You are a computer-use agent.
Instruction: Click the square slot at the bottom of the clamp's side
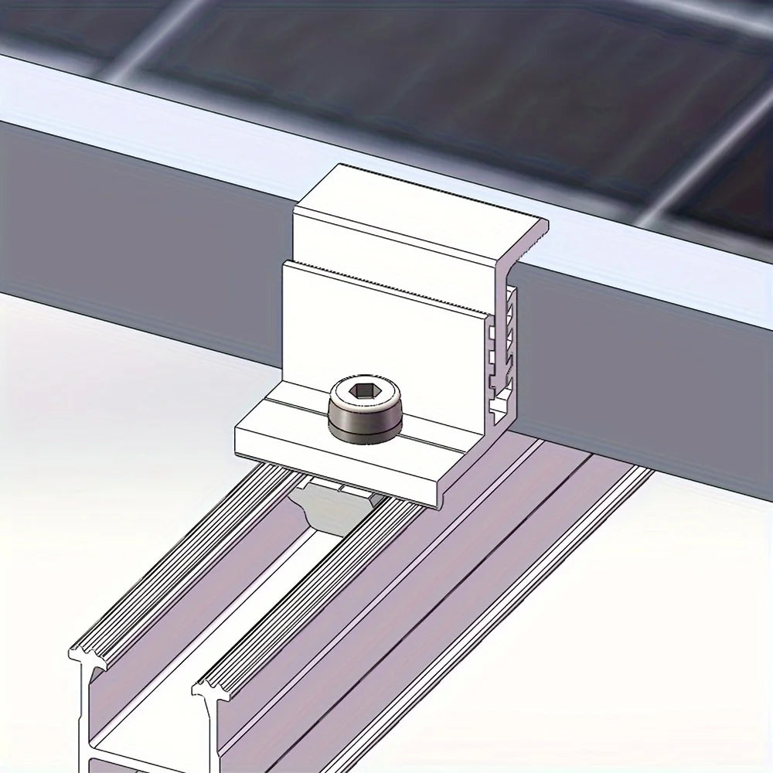point(499,402)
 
